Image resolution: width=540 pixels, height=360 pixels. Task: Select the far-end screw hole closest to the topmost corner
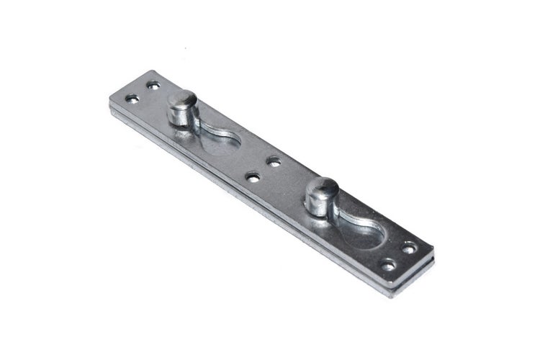153,85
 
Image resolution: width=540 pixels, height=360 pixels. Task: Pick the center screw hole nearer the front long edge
253,175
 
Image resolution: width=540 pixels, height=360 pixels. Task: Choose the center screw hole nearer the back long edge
273,160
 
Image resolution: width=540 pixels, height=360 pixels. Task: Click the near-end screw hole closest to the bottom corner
388,266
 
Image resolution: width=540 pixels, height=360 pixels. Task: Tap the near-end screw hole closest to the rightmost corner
410,248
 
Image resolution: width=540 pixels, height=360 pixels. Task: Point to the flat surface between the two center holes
264,168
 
